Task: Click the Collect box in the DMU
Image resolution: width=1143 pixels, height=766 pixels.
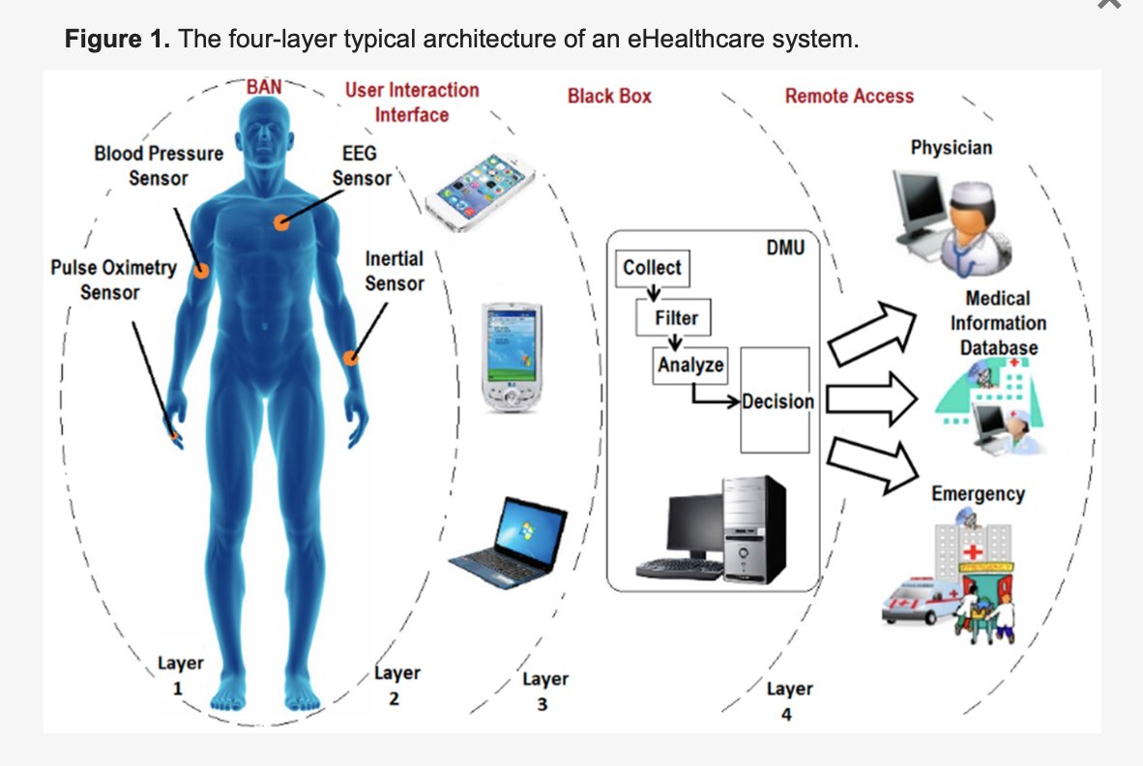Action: point(652,268)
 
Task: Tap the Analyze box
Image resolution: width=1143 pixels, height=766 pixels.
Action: point(690,366)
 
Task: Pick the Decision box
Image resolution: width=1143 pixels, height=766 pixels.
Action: point(776,400)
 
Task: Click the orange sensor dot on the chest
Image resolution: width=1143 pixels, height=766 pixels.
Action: point(281,222)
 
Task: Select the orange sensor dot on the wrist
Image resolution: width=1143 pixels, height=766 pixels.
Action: point(351,358)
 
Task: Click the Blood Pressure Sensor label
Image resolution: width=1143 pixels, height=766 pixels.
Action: point(159,165)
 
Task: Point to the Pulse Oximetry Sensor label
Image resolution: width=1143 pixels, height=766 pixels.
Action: point(112,280)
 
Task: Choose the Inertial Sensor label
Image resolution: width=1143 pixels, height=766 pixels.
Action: point(395,271)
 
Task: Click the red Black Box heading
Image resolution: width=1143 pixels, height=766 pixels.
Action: point(609,96)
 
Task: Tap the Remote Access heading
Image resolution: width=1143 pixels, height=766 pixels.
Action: point(849,96)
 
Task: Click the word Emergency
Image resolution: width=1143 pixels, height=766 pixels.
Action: point(978,493)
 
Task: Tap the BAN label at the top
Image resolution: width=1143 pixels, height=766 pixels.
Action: point(264,86)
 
